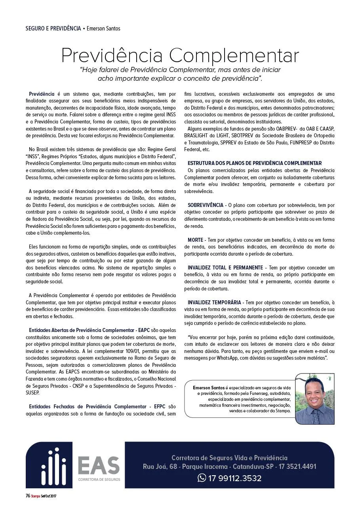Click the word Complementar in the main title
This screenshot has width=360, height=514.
(x=234, y=56)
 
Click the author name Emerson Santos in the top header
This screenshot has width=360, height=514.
(x=103, y=28)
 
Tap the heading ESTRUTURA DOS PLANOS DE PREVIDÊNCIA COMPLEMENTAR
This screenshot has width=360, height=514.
(x=255, y=163)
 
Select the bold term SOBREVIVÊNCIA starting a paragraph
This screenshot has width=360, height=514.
(x=206, y=205)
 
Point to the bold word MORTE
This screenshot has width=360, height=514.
(x=195, y=240)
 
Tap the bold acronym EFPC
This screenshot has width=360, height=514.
(x=160, y=406)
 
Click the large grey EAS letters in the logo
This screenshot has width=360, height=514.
(x=99, y=466)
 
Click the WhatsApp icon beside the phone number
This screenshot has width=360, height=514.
(x=202, y=478)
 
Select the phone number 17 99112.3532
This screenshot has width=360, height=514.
(x=235, y=478)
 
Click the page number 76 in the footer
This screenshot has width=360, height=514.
(x=28, y=496)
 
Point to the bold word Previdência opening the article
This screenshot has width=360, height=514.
(x=42, y=94)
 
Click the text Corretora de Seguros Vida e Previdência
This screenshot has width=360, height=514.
(x=229, y=458)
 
